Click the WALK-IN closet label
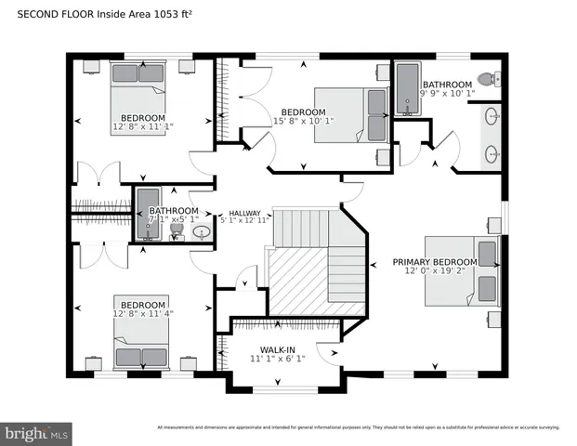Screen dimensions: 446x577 (278, 349)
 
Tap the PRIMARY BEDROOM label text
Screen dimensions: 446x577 (434, 262)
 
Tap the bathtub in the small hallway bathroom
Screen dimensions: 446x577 (148, 215)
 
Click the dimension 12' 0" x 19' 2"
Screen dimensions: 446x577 (434, 272)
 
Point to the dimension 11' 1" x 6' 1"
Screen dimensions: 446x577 (278, 360)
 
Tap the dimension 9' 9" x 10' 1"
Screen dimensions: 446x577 (448, 93)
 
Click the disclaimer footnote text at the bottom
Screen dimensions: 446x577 (358, 427)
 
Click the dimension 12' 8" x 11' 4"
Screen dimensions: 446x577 (142, 315)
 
